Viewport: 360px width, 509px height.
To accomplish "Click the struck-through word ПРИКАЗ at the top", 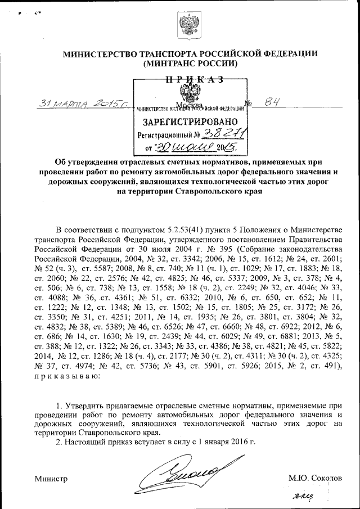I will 191,79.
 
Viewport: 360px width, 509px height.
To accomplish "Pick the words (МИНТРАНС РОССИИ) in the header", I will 191,64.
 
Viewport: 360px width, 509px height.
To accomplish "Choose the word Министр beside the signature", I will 51,479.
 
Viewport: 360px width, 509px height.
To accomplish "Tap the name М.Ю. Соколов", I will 315,478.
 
